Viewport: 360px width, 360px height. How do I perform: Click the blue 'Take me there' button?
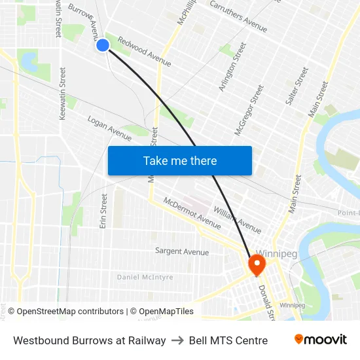[179, 160]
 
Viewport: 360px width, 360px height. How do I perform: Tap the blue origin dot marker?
[103, 45]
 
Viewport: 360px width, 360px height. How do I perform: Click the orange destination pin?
[255, 265]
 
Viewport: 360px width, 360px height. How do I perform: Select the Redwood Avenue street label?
[144, 51]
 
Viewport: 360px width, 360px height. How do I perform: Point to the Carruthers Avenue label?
[238, 16]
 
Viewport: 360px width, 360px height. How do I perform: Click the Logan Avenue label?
[109, 128]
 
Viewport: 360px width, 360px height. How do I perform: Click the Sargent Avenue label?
[182, 251]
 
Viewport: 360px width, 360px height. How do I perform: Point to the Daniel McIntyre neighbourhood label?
[145, 278]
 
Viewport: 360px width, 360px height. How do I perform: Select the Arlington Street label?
[232, 67]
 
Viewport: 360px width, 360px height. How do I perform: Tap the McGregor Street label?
[249, 110]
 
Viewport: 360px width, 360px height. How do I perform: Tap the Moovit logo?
[320, 340]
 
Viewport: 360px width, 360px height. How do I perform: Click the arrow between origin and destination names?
[177, 340]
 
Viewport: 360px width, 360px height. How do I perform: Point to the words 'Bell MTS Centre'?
[228, 340]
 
